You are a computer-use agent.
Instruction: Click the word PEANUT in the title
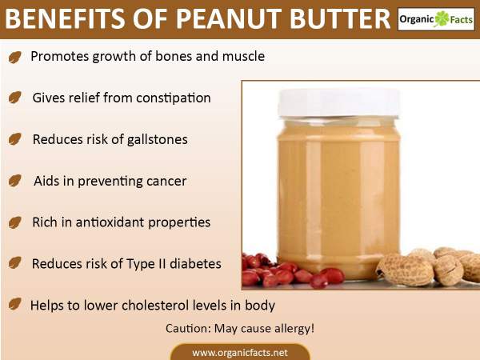(x=228, y=18)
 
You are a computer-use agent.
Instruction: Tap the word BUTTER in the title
(x=340, y=18)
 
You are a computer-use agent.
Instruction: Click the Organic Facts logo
(x=436, y=19)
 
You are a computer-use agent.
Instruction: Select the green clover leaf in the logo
(x=442, y=19)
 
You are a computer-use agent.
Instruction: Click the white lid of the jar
(x=339, y=103)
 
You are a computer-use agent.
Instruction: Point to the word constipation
(x=174, y=98)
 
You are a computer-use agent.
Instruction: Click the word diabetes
(x=195, y=263)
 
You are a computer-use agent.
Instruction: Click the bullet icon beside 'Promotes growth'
(x=15, y=57)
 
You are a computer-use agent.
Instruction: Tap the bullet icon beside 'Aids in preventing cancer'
(x=15, y=181)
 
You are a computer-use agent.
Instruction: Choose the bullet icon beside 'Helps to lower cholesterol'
(x=15, y=304)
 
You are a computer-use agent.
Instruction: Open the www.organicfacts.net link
(x=240, y=353)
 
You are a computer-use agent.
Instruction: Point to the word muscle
(x=243, y=56)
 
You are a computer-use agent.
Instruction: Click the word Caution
(x=188, y=329)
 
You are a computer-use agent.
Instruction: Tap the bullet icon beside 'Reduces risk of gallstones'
(x=15, y=139)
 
